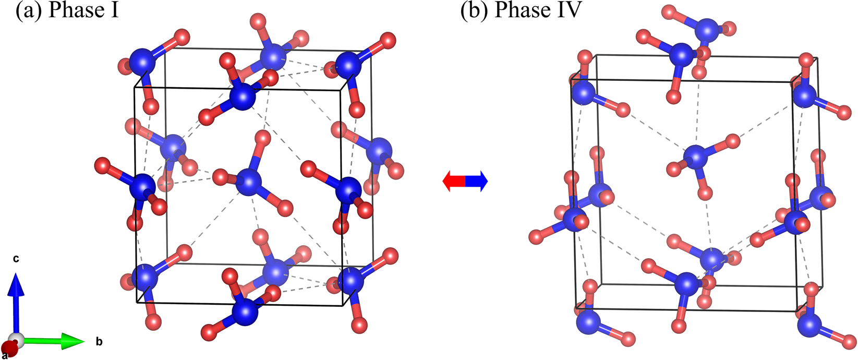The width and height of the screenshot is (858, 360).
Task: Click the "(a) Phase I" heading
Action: pyautogui.click(x=67, y=10)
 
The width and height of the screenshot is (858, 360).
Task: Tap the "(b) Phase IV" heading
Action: pyautogui.click(x=521, y=10)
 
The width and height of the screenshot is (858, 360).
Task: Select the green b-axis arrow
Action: pyautogui.click(x=52, y=342)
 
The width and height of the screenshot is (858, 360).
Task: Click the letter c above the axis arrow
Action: pyautogui.click(x=16, y=259)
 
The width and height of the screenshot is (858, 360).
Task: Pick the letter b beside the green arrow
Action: pyautogui.click(x=99, y=342)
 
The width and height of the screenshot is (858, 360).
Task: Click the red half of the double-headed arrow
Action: pyautogui.click(x=453, y=181)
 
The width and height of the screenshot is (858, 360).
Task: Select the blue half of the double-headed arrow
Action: pyautogui.click(x=477, y=181)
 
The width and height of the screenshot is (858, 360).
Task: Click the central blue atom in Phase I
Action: pyautogui.click(x=249, y=183)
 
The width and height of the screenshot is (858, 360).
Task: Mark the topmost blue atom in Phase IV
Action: pyautogui.click(x=707, y=30)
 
